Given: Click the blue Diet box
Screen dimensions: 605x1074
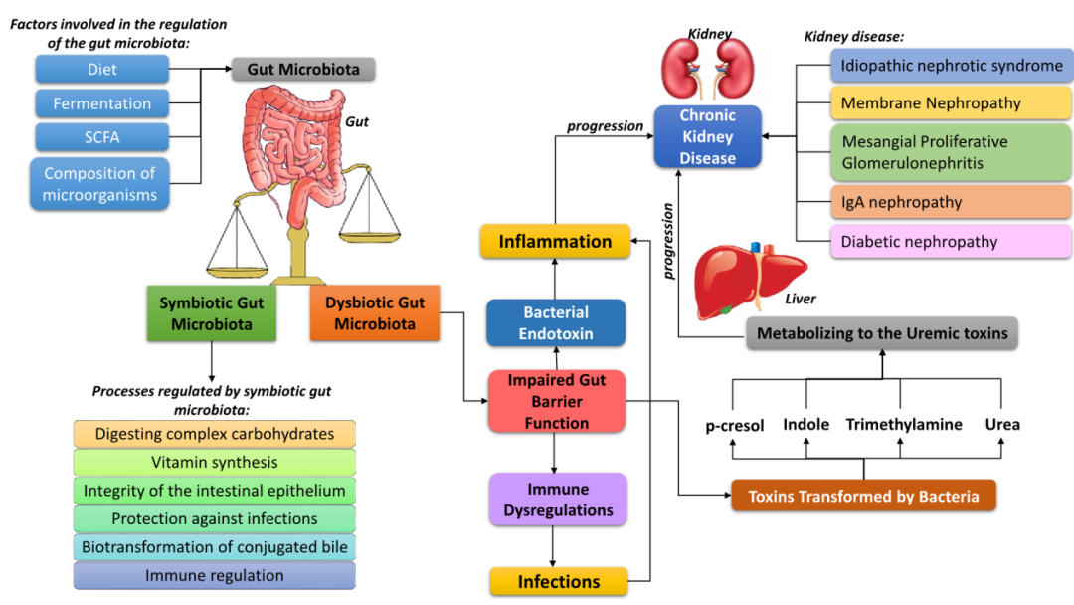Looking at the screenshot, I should click(x=100, y=70).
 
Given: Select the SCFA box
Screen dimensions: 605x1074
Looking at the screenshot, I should click(x=100, y=137).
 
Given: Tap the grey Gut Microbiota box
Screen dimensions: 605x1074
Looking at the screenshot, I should click(x=303, y=69).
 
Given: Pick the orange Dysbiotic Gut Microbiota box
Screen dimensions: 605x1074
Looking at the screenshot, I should click(x=375, y=313).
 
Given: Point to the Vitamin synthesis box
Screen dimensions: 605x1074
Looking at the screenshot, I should click(x=214, y=462).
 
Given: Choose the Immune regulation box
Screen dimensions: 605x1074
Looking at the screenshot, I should click(x=214, y=575).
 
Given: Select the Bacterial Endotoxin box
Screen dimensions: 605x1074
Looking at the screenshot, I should click(x=556, y=323).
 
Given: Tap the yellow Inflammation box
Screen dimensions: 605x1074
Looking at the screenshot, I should click(x=555, y=242).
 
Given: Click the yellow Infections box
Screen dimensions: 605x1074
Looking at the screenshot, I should click(x=558, y=581).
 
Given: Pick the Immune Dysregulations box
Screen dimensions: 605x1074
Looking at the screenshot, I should click(x=557, y=500).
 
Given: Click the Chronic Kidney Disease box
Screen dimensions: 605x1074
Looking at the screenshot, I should click(x=707, y=136).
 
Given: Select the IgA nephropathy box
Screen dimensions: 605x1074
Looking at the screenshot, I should click(x=950, y=202).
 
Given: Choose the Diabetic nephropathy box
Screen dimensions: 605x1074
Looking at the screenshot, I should click(x=950, y=242).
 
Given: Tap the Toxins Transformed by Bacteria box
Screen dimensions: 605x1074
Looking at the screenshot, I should click(x=862, y=496).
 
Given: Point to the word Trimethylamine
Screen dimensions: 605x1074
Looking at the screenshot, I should click(x=904, y=424).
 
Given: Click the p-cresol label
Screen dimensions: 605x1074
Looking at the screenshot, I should click(x=735, y=425).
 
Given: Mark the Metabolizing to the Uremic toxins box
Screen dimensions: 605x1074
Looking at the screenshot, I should click(x=882, y=333).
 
